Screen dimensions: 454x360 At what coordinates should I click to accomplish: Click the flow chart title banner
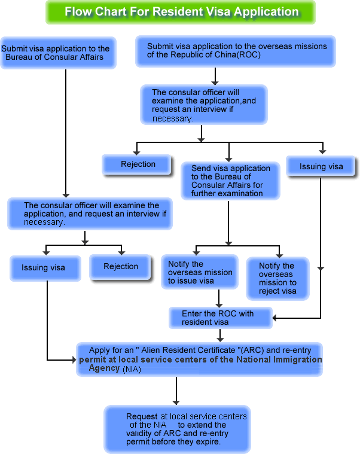(x=181, y=12)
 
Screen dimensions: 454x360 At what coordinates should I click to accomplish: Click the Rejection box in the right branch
(x=138, y=164)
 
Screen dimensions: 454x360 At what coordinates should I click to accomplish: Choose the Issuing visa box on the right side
(x=321, y=166)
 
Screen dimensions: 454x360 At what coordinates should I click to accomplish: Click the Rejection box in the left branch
(x=121, y=267)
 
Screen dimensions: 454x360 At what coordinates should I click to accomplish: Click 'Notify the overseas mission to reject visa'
(x=277, y=278)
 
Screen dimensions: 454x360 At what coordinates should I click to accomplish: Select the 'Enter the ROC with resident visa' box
(x=218, y=318)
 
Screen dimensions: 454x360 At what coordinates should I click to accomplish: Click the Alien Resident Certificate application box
(x=200, y=359)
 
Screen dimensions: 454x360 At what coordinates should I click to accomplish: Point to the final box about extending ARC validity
(x=177, y=429)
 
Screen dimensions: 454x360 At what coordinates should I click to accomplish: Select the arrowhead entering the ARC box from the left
(x=73, y=360)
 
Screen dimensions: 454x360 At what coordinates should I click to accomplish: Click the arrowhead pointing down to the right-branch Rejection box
(x=138, y=151)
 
